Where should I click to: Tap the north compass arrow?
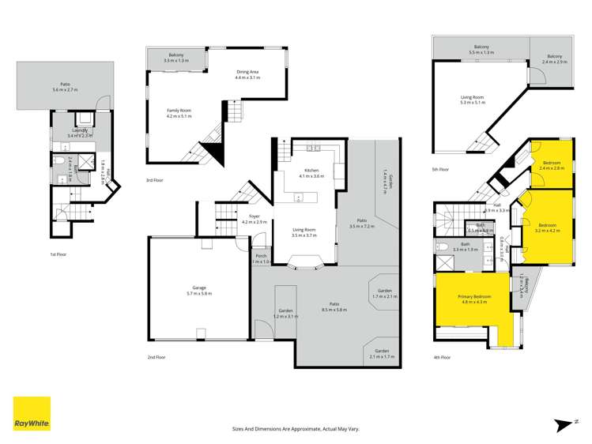click(563, 425)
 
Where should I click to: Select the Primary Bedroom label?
click(471, 296)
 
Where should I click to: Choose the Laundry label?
click(79, 130)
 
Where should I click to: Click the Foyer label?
click(254, 216)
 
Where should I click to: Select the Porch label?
click(261, 256)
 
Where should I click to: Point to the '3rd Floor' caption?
click(154, 180)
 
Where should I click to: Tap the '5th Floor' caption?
click(441, 169)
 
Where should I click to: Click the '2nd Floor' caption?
click(156, 357)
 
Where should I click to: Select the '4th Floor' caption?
click(442, 357)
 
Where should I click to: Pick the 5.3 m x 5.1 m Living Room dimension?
click(473, 103)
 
